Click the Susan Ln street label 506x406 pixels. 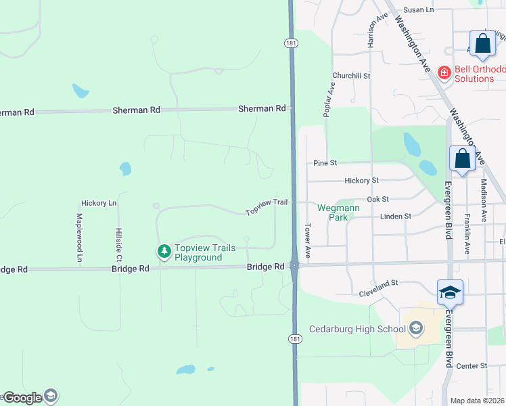pyautogui.click(x=417, y=9)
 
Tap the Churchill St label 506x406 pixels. pyautogui.click(x=351, y=76)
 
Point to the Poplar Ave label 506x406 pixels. pyautogui.click(x=329, y=99)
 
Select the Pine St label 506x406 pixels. pyautogui.click(x=325, y=163)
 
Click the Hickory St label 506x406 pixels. pyautogui.click(x=361, y=181)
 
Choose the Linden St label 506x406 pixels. pyautogui.click(x=396, y=217)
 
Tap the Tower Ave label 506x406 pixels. pyautogui.click(x=307, y=241)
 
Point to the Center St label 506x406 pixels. pyautogui.click(x=471, y=366)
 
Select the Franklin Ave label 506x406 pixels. pyautogui.click(x=467, y=234)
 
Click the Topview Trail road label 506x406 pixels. pyautogui.click(x=267, y=206)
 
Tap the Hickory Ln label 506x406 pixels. pyautogui.click(x=99, y=203)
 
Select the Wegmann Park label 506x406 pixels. pyautogui.click(x=332, y=212)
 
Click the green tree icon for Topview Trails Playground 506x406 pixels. pyautogui.click(x=164, y=252)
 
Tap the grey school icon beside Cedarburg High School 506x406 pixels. pyautogui.click(x=415, y=330)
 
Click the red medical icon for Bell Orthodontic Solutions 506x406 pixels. pyautogui.click(x=444, y=72)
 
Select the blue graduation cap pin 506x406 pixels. pyautogui.click(x=450, y=292)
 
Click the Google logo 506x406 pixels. pyautogui.click(x=22, y=398)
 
